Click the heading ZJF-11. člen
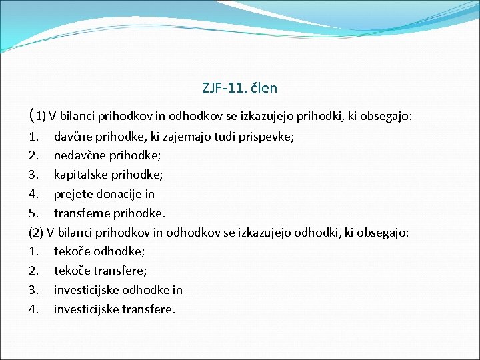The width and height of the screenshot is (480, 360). [x=239, y=87]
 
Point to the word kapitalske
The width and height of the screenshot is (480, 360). [x=81, y=175]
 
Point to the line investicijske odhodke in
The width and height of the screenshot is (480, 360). [x=118, y=290]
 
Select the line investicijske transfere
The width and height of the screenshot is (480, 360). [x=115, y=309]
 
